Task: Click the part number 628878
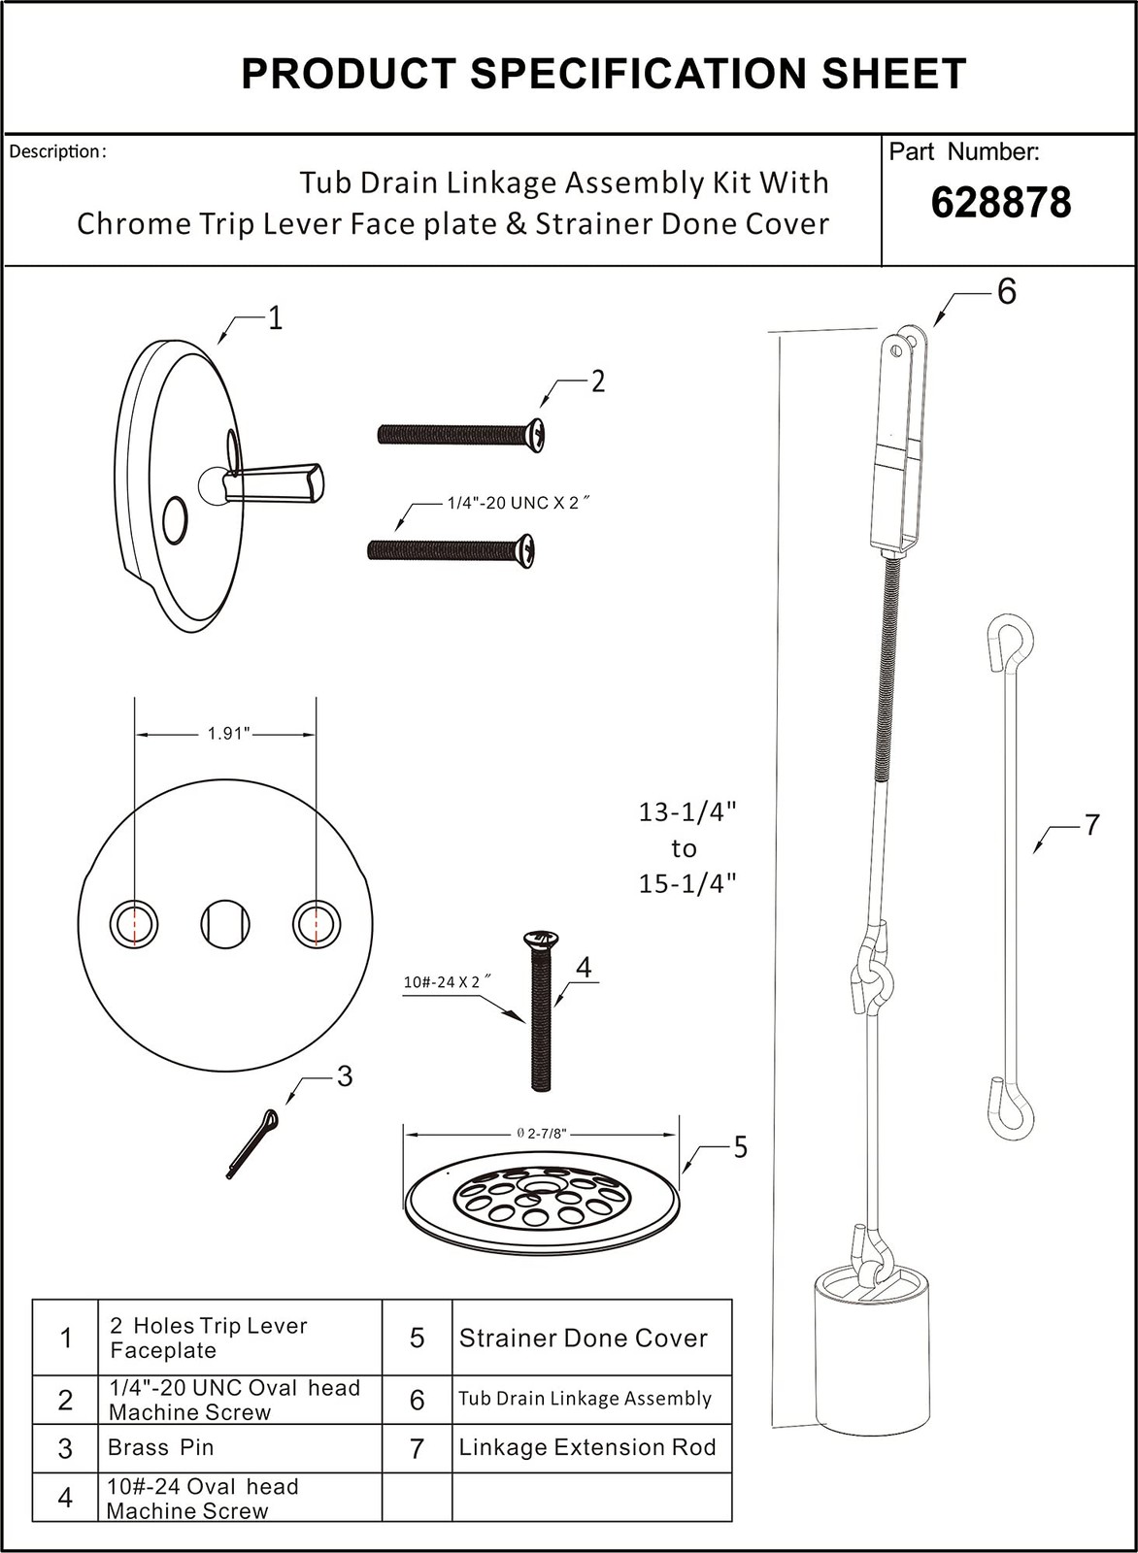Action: [1000, 203]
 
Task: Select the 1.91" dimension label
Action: [228, 734]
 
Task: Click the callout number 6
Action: [1006, 291]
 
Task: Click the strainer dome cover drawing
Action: [540, 1203]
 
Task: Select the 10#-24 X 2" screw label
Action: [442, 981]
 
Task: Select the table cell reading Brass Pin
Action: [161, 1447]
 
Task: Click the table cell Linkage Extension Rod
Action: [587, 1447]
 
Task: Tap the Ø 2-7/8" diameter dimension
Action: [540, 1133]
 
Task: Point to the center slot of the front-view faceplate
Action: [225, 923]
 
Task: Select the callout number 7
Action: [1092, 825]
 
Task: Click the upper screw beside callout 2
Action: [462, 434]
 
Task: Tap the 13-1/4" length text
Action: [686, 811]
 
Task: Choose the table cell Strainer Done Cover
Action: [583, 1338]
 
